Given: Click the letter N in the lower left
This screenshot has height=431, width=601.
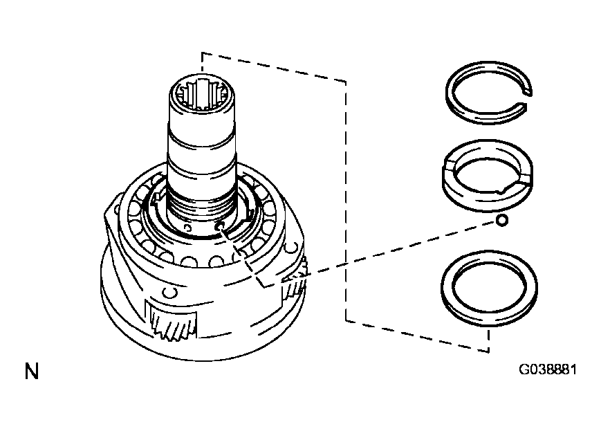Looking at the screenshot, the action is (x=32, y=371).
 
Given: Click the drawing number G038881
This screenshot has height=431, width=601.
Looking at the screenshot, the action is (x=547, y=369).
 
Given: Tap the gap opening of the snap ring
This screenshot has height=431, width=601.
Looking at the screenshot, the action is (x=528, y=98).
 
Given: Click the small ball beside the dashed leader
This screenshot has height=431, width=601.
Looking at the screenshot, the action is (x=501, y=221).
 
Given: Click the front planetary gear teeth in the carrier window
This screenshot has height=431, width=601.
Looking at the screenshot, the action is (x=172, y=324).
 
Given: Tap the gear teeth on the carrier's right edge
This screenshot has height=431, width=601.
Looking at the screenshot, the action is (x=295, y=282).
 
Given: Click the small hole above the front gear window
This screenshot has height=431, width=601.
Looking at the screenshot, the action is (x=169, y=293).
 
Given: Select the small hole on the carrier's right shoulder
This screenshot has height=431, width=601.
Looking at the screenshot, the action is (x=292, y=248).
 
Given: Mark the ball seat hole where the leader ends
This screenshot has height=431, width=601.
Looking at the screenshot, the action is (x=219, y=226).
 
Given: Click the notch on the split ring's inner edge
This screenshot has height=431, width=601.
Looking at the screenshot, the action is (x=503, y=189).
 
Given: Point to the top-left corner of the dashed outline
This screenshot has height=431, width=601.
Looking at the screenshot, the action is (x=202, y=53).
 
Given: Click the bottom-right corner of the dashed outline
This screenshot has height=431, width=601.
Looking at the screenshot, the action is (x=489, y=350).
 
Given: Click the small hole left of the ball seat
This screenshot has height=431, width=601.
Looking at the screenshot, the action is (x=187, y=228).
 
